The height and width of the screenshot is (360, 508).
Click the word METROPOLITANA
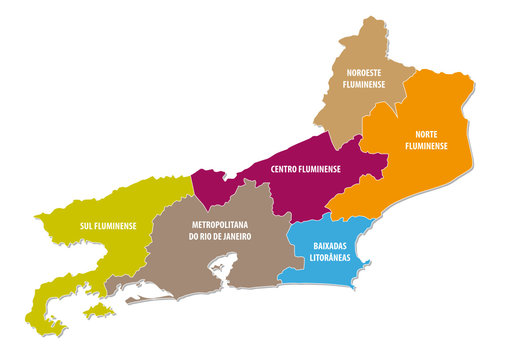tap(219, 225)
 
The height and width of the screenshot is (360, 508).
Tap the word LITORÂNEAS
tap(332, 257)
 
